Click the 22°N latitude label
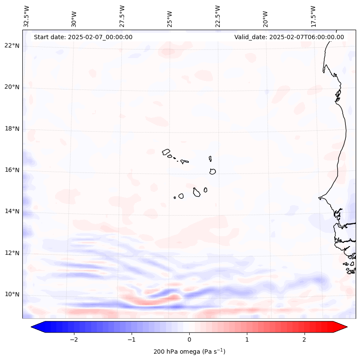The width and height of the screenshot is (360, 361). [12, 46]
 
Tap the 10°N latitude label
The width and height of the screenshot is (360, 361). [12, 295]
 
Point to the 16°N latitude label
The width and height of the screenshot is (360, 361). [12, 170]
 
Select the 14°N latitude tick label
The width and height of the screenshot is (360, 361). [12, 212]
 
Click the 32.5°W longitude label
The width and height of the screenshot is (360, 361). [27, 16]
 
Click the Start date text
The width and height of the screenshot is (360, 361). [83, 37]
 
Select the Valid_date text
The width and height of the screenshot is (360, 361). [289, 37]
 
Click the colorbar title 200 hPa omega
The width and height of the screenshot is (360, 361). [189, 352]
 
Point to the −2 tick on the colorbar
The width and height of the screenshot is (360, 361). [74, 339]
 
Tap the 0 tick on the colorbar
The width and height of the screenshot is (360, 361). [189, 339]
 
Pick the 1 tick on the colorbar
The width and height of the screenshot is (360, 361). [247, 339]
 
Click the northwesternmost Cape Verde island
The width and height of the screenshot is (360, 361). [166, 151]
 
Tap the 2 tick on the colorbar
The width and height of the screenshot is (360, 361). [305, 339]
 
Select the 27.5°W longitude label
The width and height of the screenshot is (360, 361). [122, 16]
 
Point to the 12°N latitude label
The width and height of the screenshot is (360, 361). [12, 253]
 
